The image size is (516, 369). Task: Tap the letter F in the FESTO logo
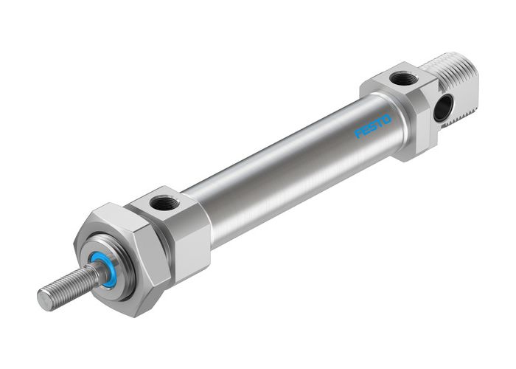click(359, 134)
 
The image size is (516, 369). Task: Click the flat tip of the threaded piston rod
click(45, 300)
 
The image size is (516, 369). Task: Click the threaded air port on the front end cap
click(159, 201)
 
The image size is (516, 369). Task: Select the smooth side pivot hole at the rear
click(441, 108)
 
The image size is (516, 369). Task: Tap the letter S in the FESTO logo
click(373, 125)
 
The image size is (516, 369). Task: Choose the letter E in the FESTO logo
click(366, 130)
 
